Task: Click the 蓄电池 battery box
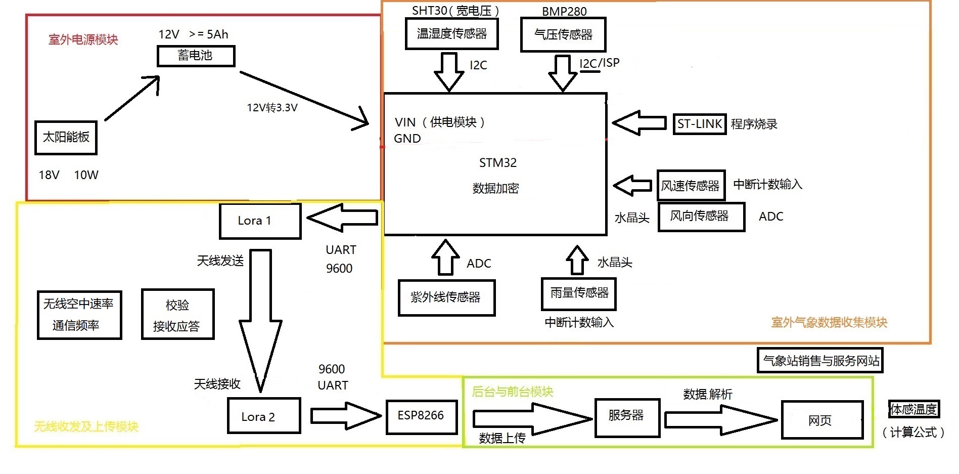point(196,56)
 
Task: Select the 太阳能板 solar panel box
point(66,137)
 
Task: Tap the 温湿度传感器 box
point(451,34)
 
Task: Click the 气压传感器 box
point(563,34)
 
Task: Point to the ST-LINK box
point(699,124)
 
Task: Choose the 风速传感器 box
point(691,186)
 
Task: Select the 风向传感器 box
point(701,217)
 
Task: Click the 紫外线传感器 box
point(446,297)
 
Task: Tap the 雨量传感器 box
point(578,293)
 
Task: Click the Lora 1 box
point(260,221)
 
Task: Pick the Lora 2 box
point(263,416)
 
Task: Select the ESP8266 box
point(421,416)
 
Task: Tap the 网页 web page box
point(821,420)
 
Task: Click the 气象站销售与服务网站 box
point(819,361)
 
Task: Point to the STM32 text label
point(497,163)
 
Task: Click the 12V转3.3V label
point(272,108)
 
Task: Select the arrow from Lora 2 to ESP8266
point(345,416)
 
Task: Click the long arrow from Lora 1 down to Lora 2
point(260,319)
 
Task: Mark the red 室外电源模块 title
point(83,39)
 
